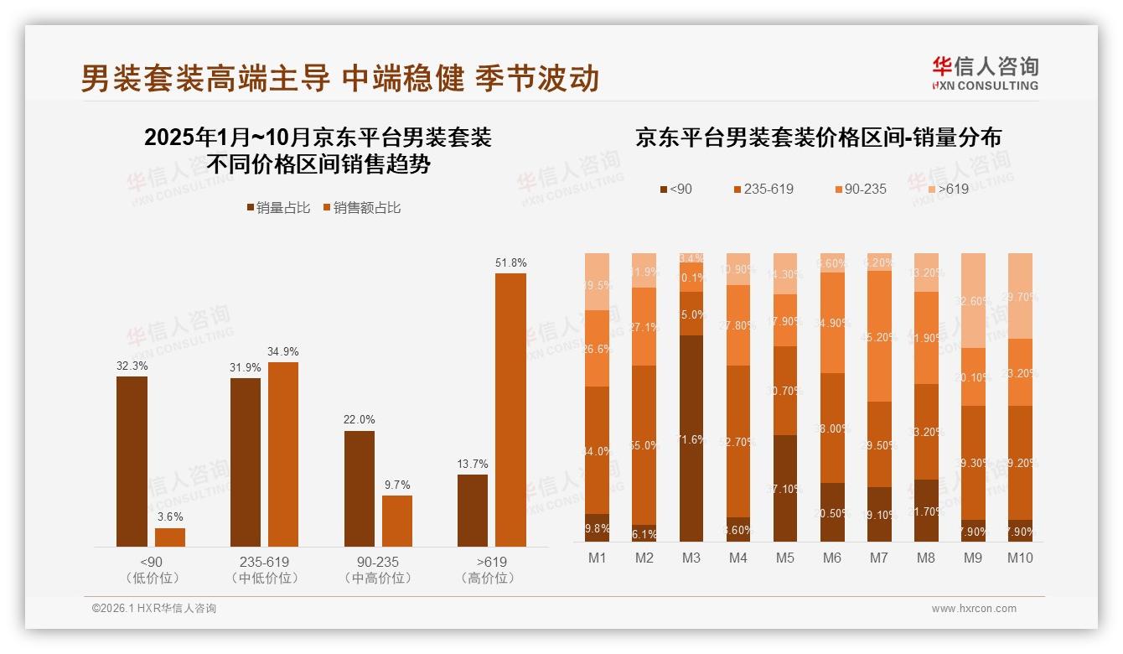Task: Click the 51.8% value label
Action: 510,262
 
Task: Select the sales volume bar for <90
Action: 132,461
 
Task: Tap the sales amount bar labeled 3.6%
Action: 170,537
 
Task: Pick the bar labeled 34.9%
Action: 283,454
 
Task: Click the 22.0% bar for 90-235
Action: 360,488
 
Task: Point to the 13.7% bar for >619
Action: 473,510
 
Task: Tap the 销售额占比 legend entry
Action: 361,207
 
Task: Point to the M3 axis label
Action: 691,558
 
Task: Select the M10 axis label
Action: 1019,558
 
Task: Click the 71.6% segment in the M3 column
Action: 691,439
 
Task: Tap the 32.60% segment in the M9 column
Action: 973,301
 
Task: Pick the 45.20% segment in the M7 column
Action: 879,336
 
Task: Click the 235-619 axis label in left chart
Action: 263,562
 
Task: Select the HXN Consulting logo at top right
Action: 985,74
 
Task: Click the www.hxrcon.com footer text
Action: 973,609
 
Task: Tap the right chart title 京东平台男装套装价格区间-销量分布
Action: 818,138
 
